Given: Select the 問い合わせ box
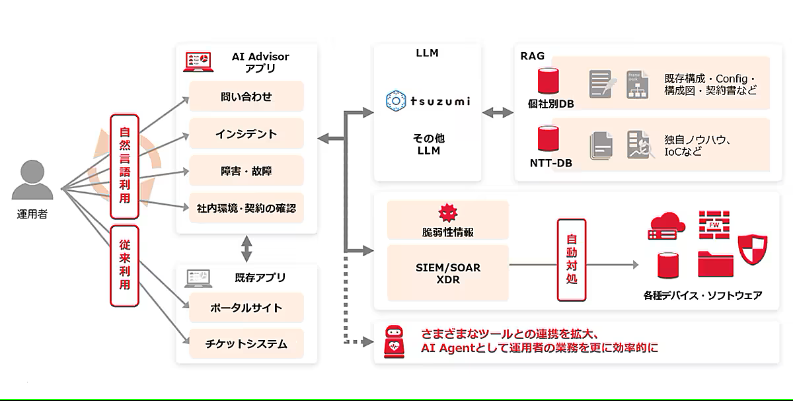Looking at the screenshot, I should coord(246,97).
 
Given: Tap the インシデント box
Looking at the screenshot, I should coord(246,134).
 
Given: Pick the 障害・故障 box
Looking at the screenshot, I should coord(246,171).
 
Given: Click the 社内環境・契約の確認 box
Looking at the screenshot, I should coord(246,209).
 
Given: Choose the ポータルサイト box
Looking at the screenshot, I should coord(246,308).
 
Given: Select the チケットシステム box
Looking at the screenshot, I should coord(246,344).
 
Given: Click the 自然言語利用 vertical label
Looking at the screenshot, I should coord(124,166).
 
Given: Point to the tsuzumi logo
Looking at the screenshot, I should coord(428,100).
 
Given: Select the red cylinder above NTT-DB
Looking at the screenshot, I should coord(547,139).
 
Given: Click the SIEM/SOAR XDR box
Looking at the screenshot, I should coord(447,273).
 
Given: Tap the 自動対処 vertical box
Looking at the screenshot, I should coord(571,261).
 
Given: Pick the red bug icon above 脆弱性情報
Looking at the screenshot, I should coord(447,213).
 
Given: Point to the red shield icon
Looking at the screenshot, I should coord(752,250).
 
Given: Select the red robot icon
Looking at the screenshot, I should coord(394,341).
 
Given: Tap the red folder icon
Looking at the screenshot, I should coord(715,264).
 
